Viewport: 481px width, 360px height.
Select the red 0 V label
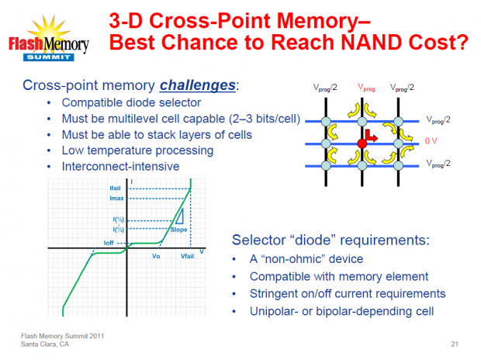[x=432, y=144]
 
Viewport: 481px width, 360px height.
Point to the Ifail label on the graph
[x=116, y=189]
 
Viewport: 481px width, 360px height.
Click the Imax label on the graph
[x=116, y=197]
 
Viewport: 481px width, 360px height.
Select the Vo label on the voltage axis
[x=156, y=255]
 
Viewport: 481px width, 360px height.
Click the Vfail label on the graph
[x=189, y=255]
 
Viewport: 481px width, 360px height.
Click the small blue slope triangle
[x=179, y=216]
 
